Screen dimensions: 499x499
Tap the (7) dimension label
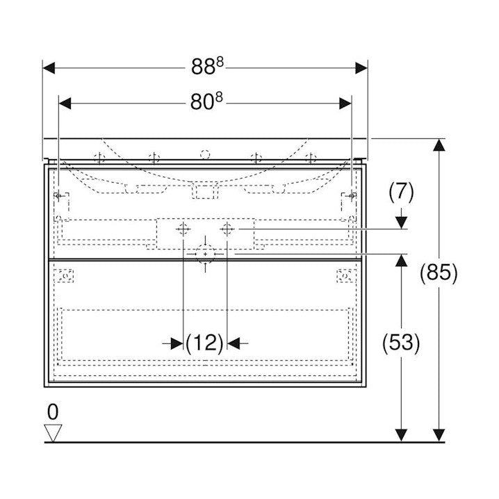400,193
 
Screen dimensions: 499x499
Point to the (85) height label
439,273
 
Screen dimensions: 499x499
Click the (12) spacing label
205,342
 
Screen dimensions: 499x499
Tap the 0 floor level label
53,411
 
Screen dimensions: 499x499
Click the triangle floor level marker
53,433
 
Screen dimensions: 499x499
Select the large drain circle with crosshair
205,254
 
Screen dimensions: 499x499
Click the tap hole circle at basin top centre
205,154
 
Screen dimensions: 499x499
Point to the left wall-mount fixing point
60,196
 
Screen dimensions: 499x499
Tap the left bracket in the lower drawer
65,275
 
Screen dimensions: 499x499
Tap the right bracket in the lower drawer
345,275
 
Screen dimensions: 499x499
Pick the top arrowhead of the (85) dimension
439,145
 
